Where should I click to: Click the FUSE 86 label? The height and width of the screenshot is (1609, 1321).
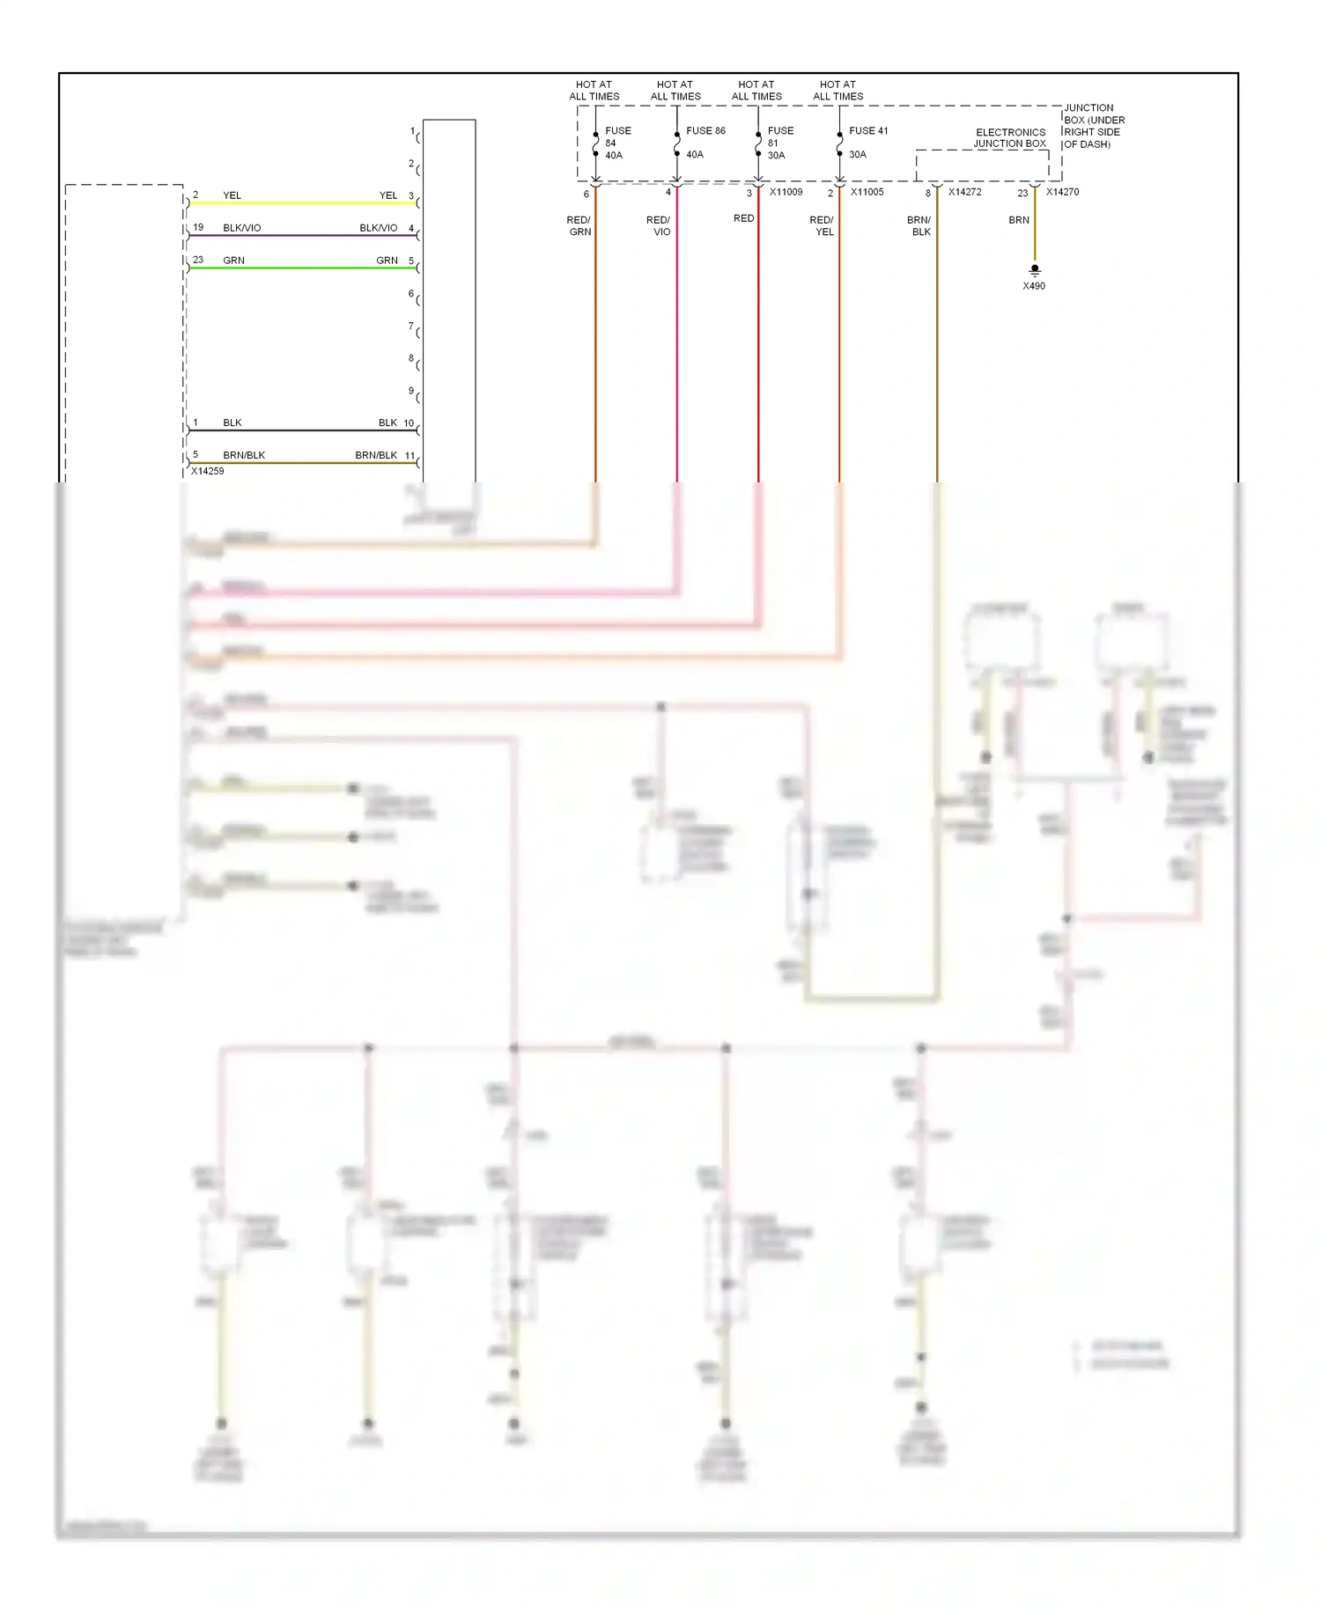(705, 131)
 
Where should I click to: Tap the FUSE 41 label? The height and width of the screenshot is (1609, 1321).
(868, 131)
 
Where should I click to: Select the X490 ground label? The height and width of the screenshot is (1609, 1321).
(1034, 286)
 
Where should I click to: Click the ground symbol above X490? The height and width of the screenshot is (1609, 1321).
(1035, 270)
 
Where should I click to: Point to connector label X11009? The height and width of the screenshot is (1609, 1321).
(786, 192)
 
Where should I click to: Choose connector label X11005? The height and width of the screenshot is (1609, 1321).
(867, 192)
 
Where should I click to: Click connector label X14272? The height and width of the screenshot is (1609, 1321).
(964, 192)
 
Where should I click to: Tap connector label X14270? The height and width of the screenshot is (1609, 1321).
(1062, 192)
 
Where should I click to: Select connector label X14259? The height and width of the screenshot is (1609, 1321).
(208, 472)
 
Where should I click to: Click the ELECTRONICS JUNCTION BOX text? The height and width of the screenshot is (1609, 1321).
(1010, 138)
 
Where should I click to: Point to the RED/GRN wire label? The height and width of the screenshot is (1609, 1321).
(579, 226)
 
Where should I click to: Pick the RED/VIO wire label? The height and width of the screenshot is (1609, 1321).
(659, 226)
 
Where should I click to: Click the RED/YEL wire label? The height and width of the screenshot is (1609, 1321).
(823, 226)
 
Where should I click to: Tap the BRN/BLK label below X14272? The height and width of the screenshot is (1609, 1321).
(919, 226)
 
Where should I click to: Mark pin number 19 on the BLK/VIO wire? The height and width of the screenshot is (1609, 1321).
(198, 227)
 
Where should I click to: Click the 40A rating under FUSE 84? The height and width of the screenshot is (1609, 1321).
(614, 156)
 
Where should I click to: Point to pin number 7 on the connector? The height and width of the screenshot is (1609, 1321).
(410, 327)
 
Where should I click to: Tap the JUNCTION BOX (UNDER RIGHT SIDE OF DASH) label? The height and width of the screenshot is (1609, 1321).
(1094, 126)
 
